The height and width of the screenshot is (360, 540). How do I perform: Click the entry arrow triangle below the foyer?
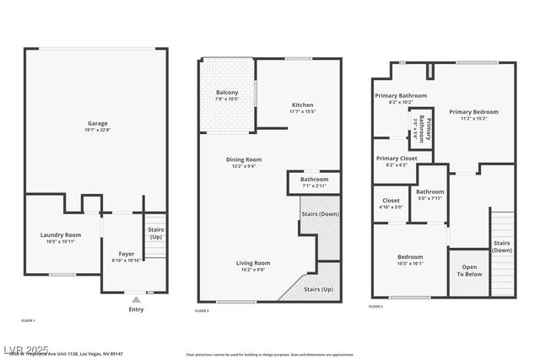point(136,299)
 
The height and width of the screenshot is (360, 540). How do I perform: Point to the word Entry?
point(136,309)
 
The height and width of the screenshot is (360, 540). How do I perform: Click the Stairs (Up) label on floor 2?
point(317,289)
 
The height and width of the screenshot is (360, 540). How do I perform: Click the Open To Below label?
point(469,271)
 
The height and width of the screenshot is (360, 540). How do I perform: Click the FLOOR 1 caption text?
point(28,320)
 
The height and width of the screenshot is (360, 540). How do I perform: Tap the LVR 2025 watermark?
point(25,348)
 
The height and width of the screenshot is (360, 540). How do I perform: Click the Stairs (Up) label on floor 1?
point(156,233)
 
